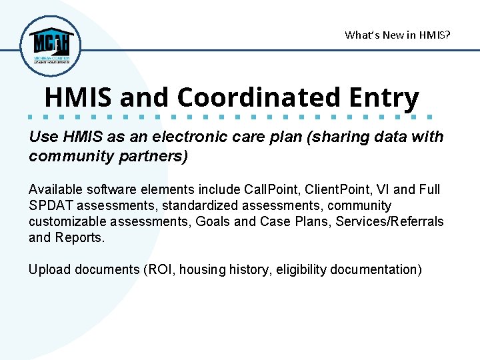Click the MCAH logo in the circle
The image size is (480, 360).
pyautogui.click(x=50, y=45)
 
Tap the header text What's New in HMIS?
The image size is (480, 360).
pyautogui.click(x=397, y=35)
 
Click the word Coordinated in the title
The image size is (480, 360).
pyautogui.click(x=258, y=97)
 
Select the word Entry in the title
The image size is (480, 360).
pyautogui.click(x=383, y=97)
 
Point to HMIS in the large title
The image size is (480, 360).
pyautogui.click(x=79, y=97)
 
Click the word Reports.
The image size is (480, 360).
pyautogui.click(x=81, y=237)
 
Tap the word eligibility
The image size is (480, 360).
pyautogui.click(x=305, y=269)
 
